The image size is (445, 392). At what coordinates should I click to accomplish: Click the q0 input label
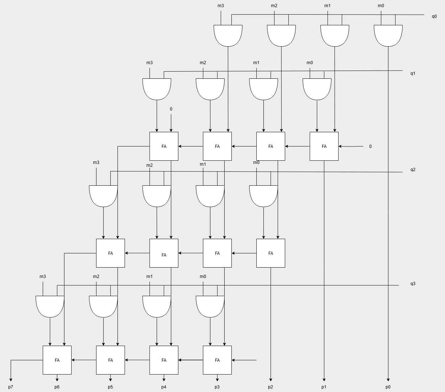tap(434, 16)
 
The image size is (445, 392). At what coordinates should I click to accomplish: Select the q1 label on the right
tap(413, 73)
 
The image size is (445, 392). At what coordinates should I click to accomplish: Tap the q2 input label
tap(413, 170)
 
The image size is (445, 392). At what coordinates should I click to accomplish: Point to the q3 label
tap(413, 284)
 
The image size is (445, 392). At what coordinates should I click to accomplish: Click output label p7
tap(11, 387)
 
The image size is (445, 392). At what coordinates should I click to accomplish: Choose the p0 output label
tap(388, 387)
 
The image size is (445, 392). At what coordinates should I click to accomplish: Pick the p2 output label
tap(271, 387)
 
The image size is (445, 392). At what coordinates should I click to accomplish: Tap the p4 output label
tap(164, 387)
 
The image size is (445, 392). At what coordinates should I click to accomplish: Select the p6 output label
tap(57, 387)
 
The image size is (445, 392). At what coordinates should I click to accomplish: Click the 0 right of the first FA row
tap(370, 146)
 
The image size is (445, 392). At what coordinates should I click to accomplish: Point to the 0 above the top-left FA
tap(171, 109)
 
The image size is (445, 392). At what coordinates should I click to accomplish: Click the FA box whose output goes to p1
tap(324, 146)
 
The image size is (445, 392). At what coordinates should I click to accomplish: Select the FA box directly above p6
tap(57, 360)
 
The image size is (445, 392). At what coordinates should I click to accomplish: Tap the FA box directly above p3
tap(217, 360)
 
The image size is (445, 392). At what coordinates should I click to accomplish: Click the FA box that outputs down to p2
tap(271, 253)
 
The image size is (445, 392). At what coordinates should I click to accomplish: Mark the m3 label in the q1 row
tap(150, 63)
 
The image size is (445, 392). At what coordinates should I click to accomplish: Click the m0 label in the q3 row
tap(203, 277)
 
